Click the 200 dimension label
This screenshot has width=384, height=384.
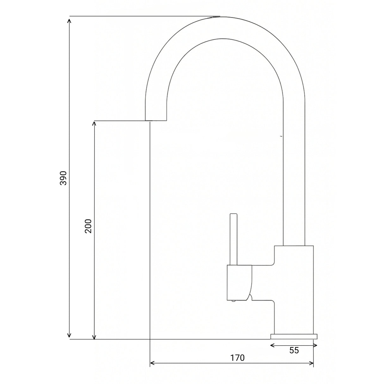click(88, 226)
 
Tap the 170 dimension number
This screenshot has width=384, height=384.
click(237, 358)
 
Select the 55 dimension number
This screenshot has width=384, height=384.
click(294, 350)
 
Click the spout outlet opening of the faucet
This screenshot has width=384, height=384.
click(156, 120)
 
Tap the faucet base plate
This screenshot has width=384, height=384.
click(293, 336)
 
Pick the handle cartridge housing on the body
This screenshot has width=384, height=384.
click(239, 282)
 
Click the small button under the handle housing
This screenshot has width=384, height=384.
click(233, 301)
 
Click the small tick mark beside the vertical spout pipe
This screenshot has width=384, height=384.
click(281, 136)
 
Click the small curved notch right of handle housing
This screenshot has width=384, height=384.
click(250, 297)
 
